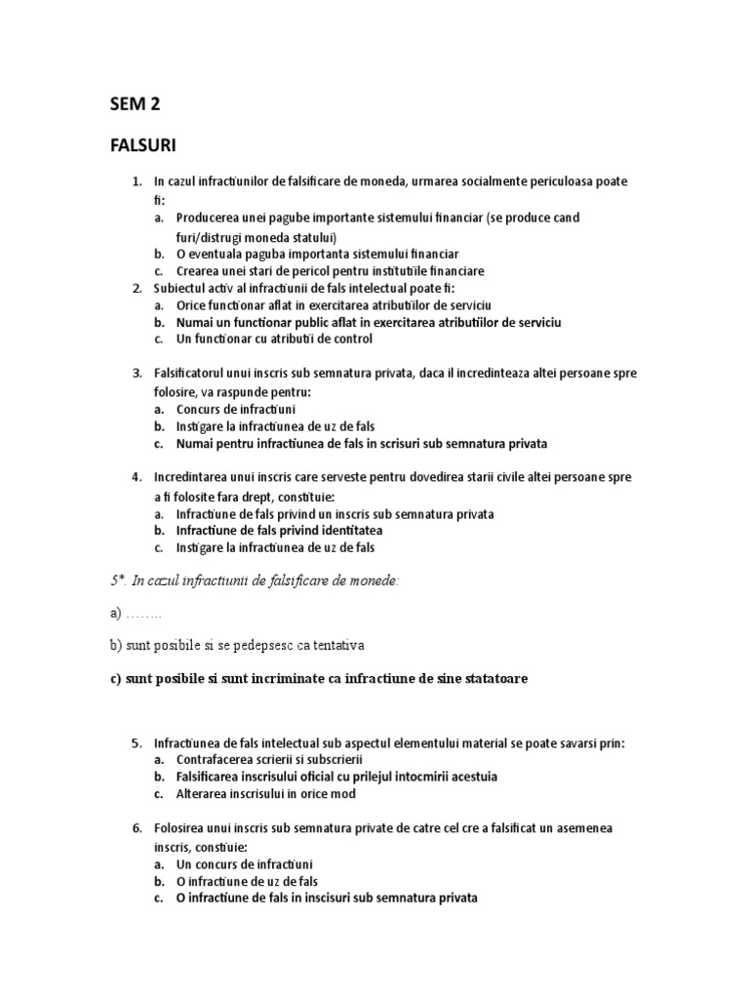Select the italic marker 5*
point(118,580)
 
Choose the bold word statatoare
point(488,678)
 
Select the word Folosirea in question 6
point(181,827)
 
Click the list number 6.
point(137,827)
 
